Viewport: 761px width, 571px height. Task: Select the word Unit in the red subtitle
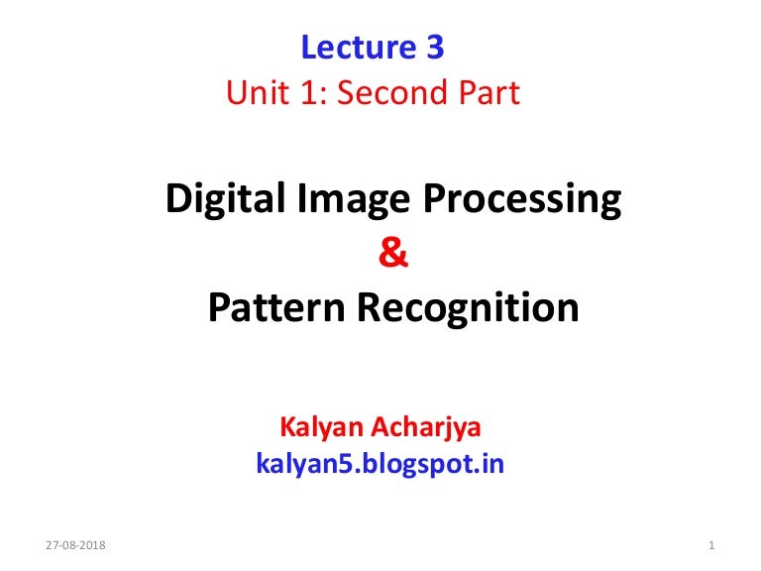(x=253, y=93)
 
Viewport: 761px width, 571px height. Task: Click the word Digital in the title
(x=219, y=200)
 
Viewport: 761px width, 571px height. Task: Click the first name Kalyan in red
(x=319, y=428)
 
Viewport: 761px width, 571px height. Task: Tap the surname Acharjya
(x=437, y=428)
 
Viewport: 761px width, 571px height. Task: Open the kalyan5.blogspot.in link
(x=380, y=463)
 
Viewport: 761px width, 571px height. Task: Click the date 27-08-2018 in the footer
(x=77, y=546)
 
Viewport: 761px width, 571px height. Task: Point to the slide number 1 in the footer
(x=713, y=546)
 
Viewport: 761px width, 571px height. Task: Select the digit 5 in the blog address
(x=334, y=463)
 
